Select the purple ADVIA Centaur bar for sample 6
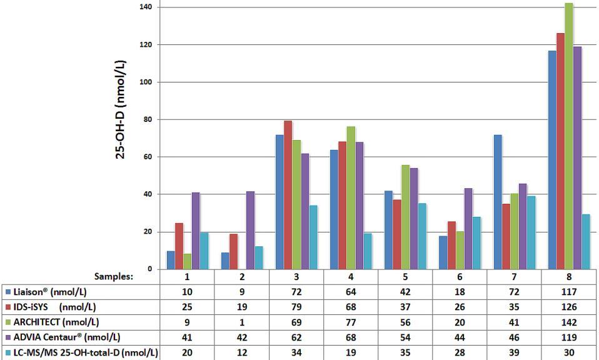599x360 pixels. (469, 229)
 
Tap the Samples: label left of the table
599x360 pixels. (114, 276)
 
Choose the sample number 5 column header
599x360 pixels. (405, 276)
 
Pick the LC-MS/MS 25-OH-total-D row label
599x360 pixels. (81, 353)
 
